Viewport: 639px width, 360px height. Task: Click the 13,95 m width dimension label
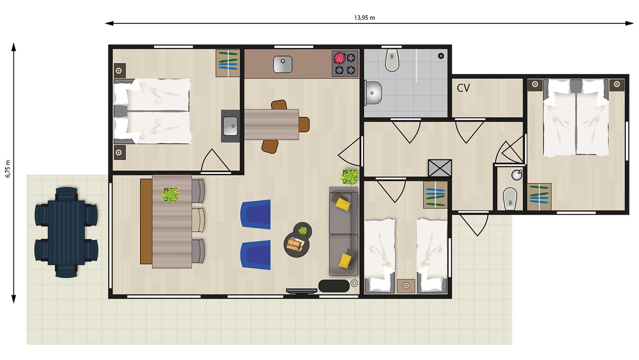coord(364,18)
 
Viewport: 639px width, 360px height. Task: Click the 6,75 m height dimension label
coord(8,169)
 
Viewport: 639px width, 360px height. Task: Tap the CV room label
coord(463,88)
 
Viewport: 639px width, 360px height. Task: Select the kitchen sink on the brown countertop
coord(283,64)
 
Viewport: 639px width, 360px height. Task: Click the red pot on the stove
coord(340,58)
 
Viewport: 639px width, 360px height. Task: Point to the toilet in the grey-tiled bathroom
coord(392,60)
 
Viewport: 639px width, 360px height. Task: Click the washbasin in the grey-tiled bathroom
coord(373,92)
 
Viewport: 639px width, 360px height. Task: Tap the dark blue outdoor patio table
coord(66,232)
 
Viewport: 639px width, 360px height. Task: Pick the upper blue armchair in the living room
coord(256,214)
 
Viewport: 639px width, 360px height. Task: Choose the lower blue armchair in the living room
coord(256,255)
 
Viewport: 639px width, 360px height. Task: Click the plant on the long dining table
coord(170,195)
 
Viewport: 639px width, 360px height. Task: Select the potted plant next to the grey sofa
coord(350,177)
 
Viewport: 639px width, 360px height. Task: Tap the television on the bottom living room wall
coord(302,290)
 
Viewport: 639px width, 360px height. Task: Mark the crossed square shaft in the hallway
coord(440,169)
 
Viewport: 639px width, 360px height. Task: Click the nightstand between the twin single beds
coord(406,286)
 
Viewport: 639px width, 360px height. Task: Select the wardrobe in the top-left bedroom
coord(227,63)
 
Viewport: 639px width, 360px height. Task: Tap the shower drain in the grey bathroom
coord(441,56)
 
